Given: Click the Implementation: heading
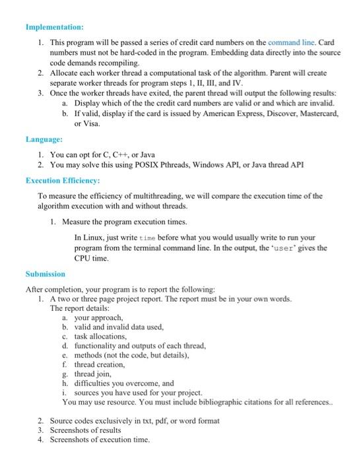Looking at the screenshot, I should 54,27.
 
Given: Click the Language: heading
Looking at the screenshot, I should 44,139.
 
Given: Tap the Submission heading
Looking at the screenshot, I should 45,273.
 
